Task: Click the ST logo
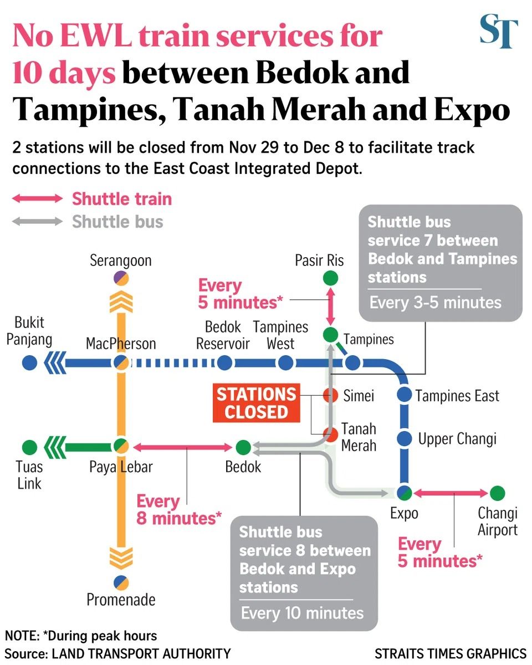499,32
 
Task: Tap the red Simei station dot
331,396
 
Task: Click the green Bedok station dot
243,447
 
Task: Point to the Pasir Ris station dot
330,277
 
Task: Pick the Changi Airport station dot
498,493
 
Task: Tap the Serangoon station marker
121,278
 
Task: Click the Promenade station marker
121,581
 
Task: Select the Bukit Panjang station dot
30,364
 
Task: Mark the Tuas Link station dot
30,447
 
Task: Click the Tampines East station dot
405,395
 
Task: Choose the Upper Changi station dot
405,438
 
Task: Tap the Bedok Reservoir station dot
224,364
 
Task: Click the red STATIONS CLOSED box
256,403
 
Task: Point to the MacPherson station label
121,344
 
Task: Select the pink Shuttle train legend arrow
38,199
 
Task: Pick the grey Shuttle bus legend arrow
38,222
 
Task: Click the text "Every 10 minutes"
303,613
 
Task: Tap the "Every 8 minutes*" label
179,510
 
